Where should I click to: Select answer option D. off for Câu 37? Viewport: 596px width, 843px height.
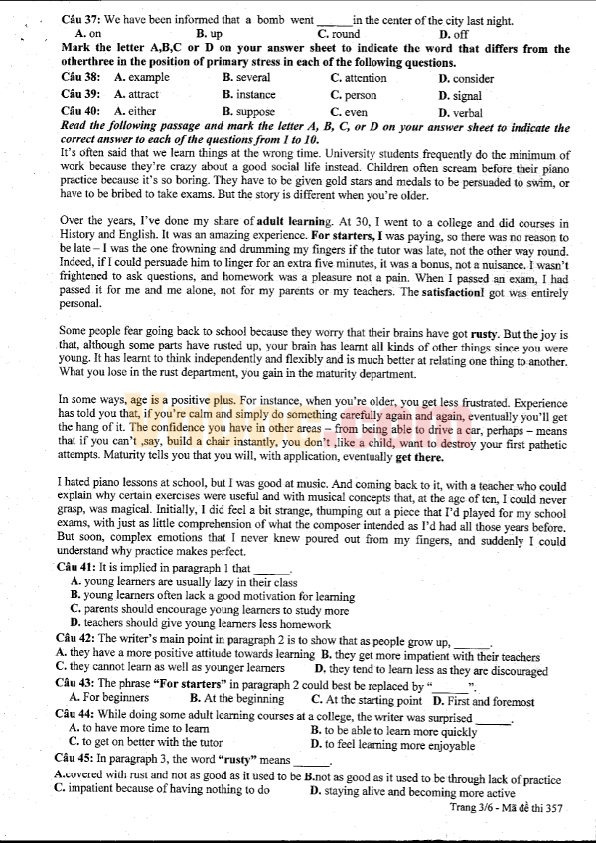[454, 34]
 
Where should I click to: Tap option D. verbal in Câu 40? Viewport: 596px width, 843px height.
[460, 113]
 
